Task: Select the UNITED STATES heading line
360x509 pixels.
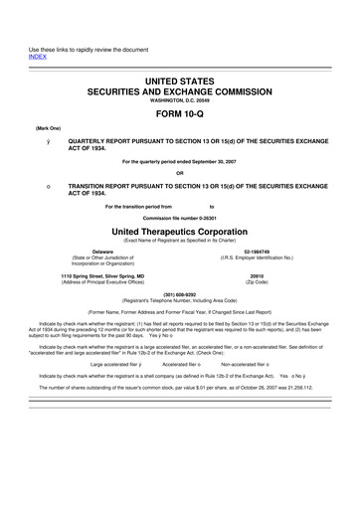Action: click(x=179, y=78)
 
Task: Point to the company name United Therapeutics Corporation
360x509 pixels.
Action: click(x=179, y=229)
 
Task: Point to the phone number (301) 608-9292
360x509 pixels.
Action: click(x=179, y=294)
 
